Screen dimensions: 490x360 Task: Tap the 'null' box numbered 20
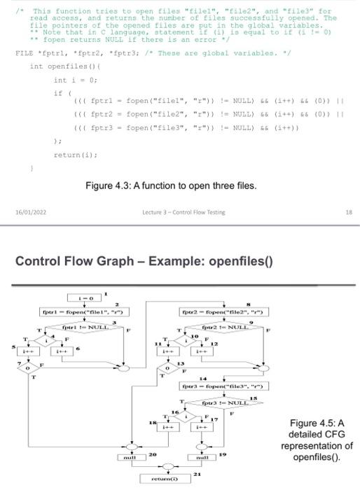tap(128, 456)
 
